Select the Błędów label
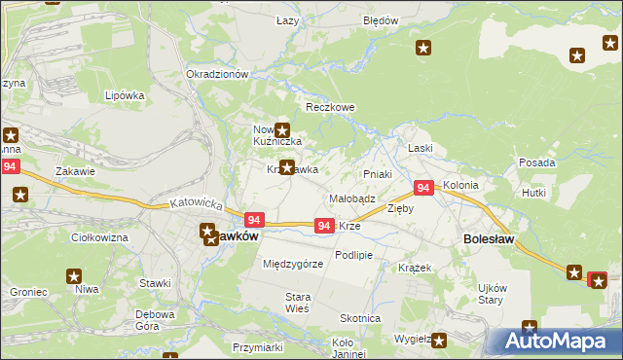pyautogui.click(x=381, y=19)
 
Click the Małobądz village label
pyautogui.click(x=352, y=198)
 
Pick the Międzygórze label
pyautogui.click(x=293, y=264)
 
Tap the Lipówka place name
pyautogui.click(x=125, y=95)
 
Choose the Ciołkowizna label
pyautogui.click(x=101, y=237)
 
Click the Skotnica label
pyautogui.click(x=359, y=318)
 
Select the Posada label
pyautogui.click(x=537, y=162)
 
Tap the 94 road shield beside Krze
pyautogui.click(x=325, y=226)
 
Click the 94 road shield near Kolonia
pyautogui.click(x=423, y=188)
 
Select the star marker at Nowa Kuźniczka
pyautogui.click(x=282, y=130)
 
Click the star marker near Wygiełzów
pyautogui.click(x=439, y=341)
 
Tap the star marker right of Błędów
pyautogui.click(x=423, y=48)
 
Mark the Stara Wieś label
pyautogui.click(x=297, y=303)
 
